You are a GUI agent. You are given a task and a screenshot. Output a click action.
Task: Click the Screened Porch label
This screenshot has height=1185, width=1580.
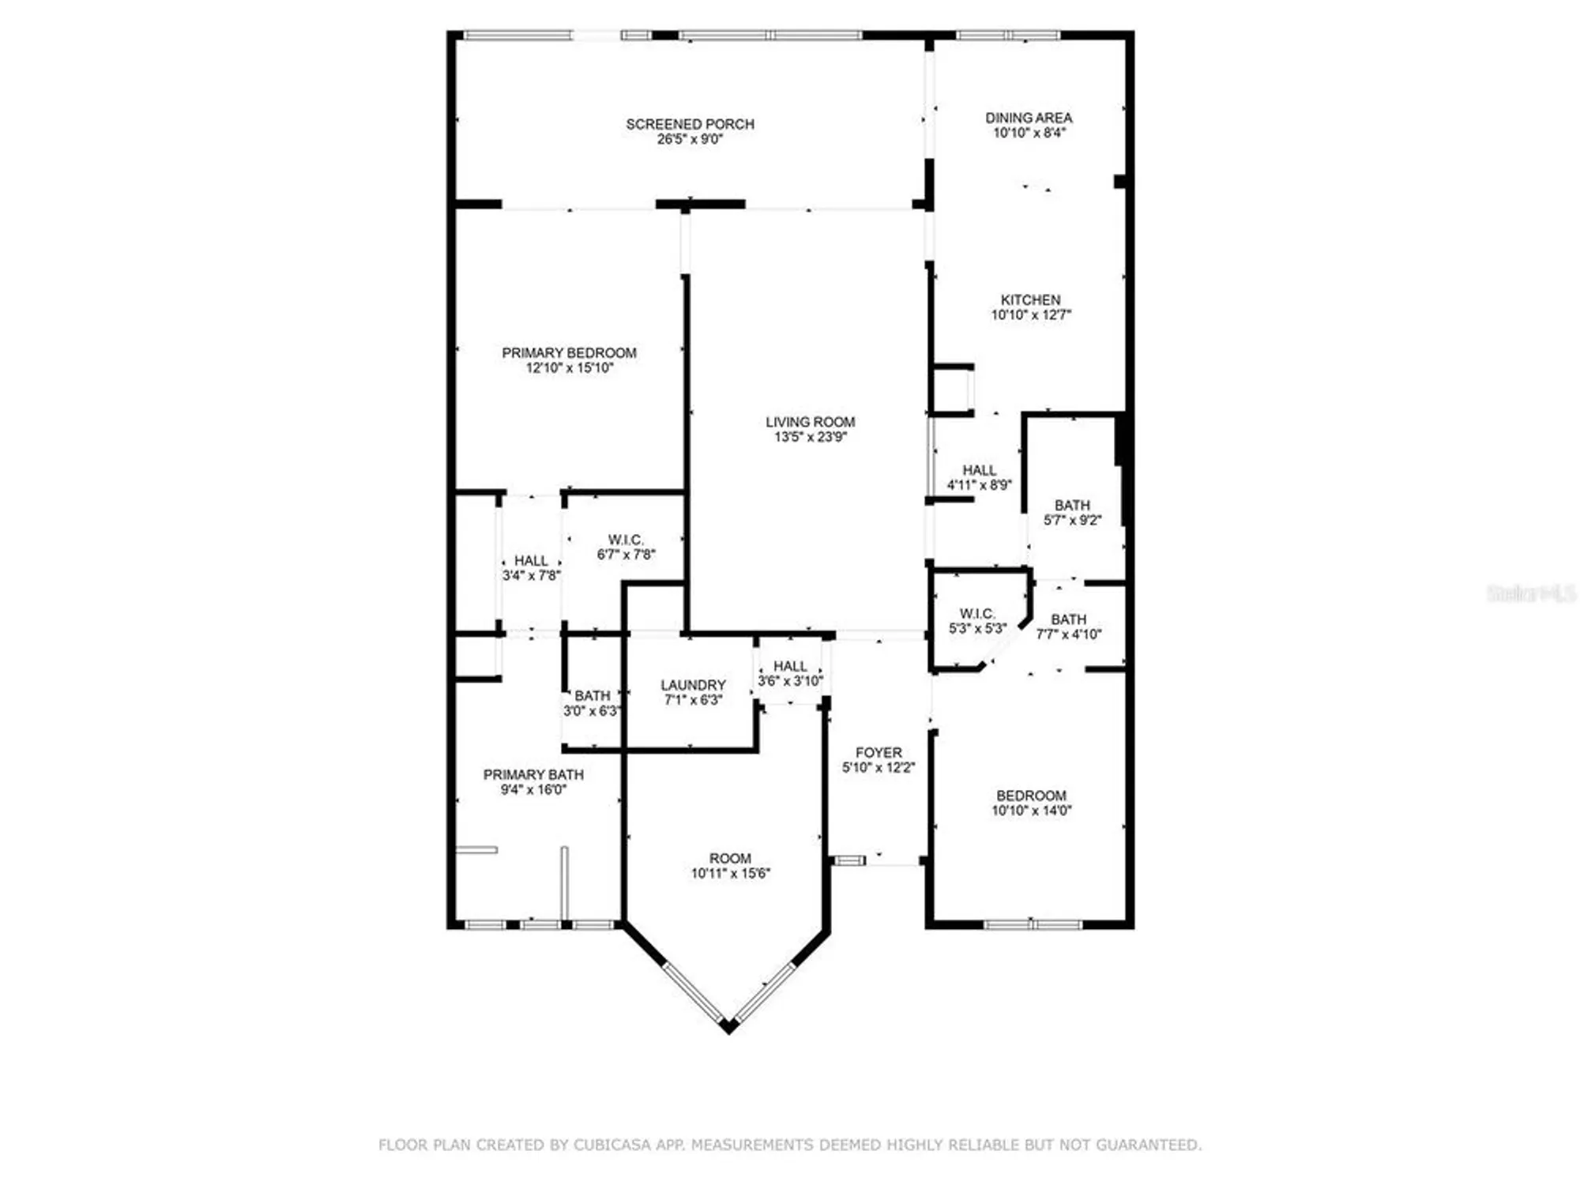[x=690, y=124]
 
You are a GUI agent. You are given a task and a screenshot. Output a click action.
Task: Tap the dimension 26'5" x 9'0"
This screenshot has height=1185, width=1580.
[x=690, y=140]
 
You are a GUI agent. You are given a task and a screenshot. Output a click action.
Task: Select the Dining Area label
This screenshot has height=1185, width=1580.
[x=1029, y=118]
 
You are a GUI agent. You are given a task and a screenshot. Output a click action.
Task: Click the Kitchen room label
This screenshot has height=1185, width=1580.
[x=1030, y=300]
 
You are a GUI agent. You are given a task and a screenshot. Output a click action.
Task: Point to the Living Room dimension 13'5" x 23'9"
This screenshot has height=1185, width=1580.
[x=810, y=437]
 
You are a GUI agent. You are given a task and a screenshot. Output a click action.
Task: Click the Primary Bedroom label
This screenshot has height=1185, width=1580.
[x=569, y=353]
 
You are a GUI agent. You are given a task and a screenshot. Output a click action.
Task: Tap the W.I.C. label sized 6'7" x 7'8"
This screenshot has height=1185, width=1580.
[x=626, y=540]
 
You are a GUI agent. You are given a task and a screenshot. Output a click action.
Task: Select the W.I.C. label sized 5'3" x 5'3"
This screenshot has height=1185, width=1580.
[x=977, y=614]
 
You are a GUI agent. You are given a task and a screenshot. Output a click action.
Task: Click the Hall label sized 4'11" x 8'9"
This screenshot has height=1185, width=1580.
[x=979, y=470]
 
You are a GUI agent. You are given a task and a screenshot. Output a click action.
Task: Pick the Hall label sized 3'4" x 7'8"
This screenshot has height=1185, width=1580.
[x=531, y=561]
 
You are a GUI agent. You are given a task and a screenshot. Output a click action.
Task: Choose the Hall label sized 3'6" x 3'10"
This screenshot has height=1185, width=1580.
[x=790, y=667]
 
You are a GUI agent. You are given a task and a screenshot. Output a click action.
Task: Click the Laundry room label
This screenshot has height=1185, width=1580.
[x=693, y=685]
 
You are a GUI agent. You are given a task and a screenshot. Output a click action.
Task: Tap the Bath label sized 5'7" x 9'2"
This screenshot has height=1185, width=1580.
[x=1072, y=506]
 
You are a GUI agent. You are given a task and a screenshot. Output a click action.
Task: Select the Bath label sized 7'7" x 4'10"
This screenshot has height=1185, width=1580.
[x=1068, y=619]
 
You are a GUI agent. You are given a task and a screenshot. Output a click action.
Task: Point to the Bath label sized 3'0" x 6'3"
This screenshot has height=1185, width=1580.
[x=592, y=696]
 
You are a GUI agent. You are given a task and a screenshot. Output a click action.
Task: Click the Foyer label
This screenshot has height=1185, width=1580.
[x=878, y=753]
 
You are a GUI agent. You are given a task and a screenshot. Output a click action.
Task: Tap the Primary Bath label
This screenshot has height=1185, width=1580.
[x=533, y=775]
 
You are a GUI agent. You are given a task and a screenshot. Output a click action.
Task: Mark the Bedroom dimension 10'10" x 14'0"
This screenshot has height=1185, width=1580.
[x=1031, y=811]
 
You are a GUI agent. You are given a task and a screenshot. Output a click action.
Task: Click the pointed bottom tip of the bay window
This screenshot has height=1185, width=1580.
[x=728, y=1029]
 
